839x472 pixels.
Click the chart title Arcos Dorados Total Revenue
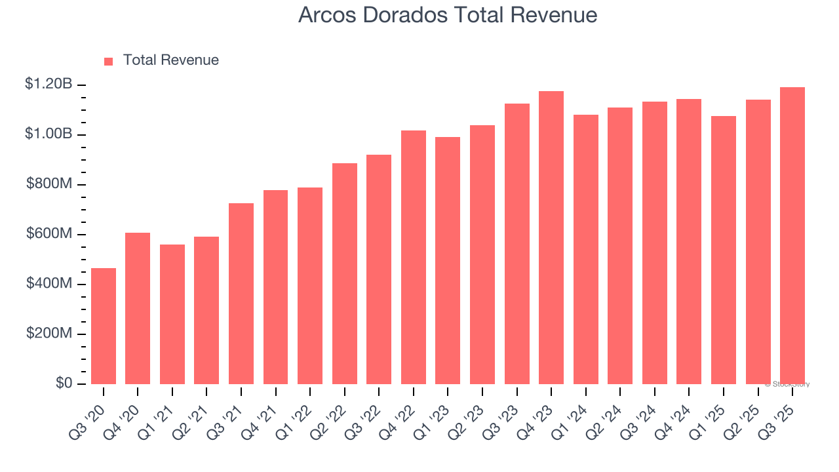pos(448,15)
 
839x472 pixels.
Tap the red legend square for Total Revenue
pos(109,61)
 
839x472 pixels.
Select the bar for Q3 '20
pos(104,326)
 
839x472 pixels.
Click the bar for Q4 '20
pos(138,308)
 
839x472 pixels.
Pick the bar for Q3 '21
pos(241,294)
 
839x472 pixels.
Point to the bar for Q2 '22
pos(345,273)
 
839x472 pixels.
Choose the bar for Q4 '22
pos(414,257)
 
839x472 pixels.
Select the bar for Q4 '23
pos(551,237)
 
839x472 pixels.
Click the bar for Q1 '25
pos(724,250)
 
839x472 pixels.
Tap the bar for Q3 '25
pos(792,235)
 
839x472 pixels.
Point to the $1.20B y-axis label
pos(49,84)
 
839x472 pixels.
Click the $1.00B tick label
pos(49,134)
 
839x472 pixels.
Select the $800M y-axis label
pos(49,184)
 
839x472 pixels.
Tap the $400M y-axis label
pos(49,283)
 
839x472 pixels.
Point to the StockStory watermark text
pos(787,384)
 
